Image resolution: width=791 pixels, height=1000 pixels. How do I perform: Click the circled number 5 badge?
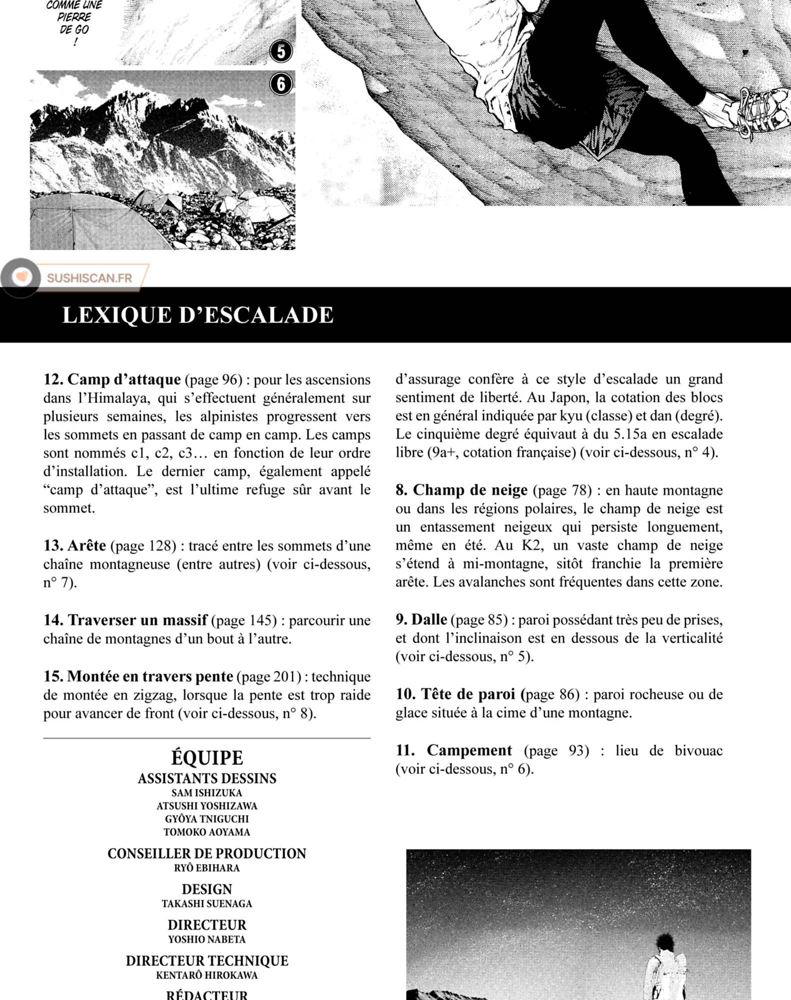pos(280,51)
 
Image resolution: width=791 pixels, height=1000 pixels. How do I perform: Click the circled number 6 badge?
pos(280,84)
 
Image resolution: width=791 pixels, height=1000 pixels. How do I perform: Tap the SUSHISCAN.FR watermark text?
pos(89,278)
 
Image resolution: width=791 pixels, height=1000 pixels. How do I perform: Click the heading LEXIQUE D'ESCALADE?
pos(197,315)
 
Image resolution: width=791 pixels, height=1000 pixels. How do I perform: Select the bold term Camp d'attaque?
pos(124,379)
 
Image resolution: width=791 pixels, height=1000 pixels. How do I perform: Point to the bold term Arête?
pos(86,545)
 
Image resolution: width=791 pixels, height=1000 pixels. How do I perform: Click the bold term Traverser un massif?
pos(137,620)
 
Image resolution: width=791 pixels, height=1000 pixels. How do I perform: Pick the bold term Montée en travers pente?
pos(150,676)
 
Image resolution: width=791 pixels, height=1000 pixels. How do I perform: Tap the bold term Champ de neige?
pos(470,489)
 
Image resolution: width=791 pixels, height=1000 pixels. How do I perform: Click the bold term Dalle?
pos(429,619)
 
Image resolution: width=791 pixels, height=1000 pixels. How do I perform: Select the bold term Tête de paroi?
pos(467,694)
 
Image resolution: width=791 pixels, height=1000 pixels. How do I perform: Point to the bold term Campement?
pos(469,750)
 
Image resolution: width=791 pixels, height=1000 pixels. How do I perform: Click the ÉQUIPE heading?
pos(207,758)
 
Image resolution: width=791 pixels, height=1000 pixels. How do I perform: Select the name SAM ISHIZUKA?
pos(206,793)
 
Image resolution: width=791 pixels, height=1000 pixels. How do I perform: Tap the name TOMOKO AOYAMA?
pos(206,832)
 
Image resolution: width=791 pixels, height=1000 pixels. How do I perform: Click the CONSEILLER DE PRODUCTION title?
pos(206,853)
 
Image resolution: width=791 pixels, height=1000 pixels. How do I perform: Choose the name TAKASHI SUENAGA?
pos(206,903)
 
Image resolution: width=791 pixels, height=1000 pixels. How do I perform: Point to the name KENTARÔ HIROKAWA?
pos(206,975)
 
